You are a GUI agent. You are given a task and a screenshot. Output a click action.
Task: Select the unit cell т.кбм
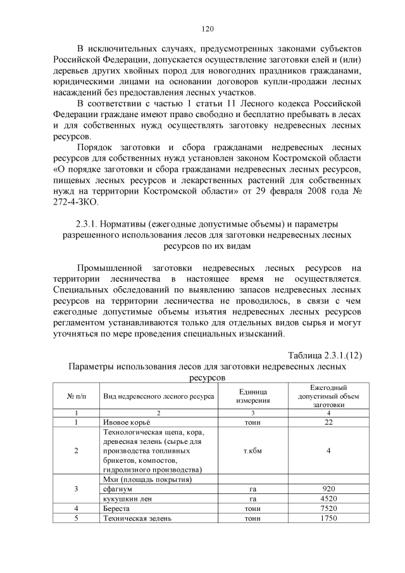click(x=253, y=450)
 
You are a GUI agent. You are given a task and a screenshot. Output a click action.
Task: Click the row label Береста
click(x=116, y=508)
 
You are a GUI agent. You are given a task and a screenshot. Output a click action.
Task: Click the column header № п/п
click(x=76, y=396)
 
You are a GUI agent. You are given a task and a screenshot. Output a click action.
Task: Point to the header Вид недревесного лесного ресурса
click(x=158, y=396)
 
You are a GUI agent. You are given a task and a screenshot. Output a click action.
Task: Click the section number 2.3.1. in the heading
click(x=89, y=224)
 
